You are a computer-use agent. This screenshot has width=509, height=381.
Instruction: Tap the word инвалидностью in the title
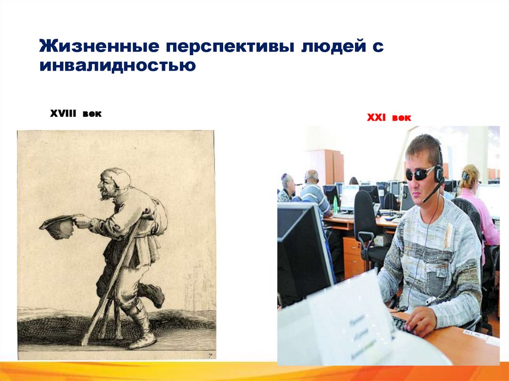(x=118, y=65)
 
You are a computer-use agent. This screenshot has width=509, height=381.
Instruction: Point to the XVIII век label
(x=76, y=114)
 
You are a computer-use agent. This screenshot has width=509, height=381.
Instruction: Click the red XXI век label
(x=389, y=118)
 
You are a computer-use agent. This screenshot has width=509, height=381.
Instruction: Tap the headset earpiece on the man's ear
(x=438, y=172)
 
